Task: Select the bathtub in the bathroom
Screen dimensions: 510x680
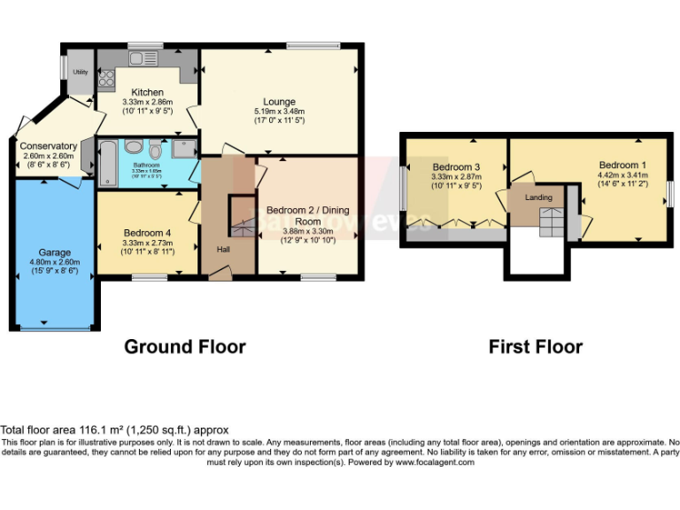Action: point(108,163)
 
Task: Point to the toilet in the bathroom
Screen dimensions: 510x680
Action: point(156,149)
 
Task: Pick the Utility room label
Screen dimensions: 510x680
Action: point(80,72)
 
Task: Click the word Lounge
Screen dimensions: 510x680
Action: point(279,102)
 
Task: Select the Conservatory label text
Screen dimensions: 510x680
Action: point(48,146)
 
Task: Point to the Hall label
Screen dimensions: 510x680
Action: point(224,249)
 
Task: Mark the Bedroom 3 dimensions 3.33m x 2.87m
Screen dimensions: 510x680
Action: point(456,177)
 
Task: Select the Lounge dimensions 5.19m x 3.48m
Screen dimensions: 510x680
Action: point(279,112)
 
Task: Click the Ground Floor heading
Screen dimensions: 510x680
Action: point(184,346)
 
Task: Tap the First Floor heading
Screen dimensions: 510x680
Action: point(536,346)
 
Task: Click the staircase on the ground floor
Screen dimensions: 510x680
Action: point(242,217)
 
